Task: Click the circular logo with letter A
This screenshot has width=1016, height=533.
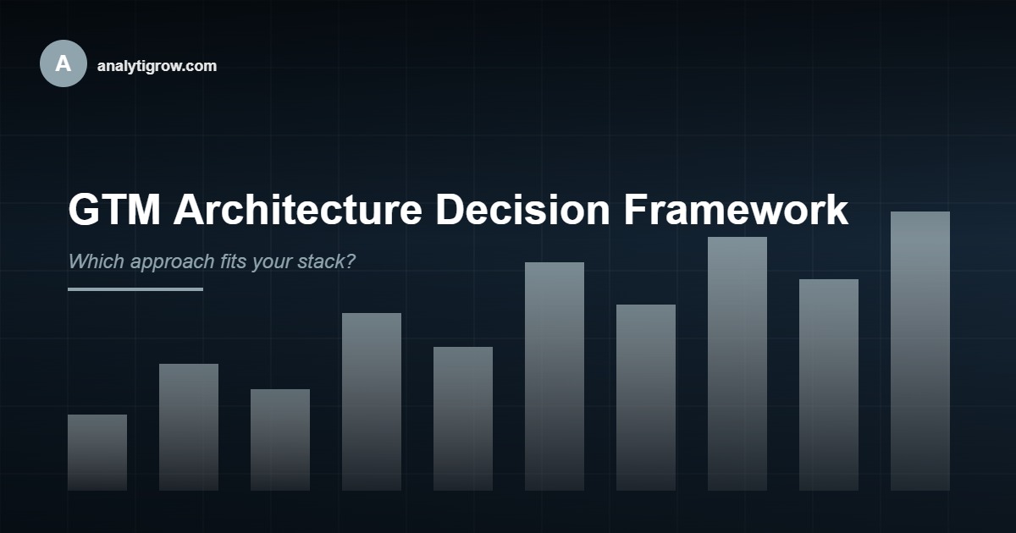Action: tap(63, 63)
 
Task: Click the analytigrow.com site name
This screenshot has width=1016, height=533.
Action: tap(157, 66)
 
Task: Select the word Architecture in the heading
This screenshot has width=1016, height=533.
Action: tap(297, 210)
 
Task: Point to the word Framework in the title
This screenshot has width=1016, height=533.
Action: tap(736, 210)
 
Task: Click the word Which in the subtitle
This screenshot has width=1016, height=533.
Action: tap(96, 261)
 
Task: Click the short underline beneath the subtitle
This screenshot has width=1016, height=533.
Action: tap(135, 289)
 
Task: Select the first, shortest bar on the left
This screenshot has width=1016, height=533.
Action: tap(97, 453)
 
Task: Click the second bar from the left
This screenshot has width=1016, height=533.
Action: tap(189, 427)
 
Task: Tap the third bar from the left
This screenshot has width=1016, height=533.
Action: tap(280, 440)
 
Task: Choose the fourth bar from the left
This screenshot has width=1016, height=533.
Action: tap(372, 402)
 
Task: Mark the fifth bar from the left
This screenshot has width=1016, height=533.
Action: tap(463, 419)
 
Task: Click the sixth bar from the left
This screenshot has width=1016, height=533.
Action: tap(555, 376)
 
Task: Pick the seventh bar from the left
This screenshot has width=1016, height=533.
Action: tap(646, 398)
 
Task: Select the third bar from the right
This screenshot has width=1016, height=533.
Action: tap(737, 364)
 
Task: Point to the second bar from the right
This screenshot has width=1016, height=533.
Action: tap(829, 385)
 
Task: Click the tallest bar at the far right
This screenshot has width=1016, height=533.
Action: tap(920, 351)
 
